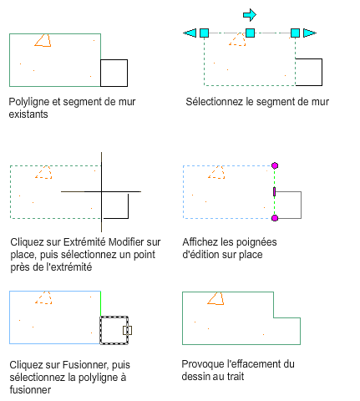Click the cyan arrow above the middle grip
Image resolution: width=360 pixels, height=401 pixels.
tap(250, 15)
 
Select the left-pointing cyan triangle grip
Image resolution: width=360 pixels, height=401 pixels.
tap(190, 33)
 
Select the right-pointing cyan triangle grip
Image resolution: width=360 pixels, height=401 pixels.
tap(310, 33)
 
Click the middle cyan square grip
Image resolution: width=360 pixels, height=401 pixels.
tap(250, 33)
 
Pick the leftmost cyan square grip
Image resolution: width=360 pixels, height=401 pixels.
tap(205, 33)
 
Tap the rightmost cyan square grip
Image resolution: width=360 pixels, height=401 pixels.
tap(295, 33)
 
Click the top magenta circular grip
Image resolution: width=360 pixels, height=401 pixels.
tap(275, 165)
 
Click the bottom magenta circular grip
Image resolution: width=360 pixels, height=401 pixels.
tap(275, 218)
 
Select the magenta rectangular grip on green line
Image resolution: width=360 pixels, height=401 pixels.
tap(274, 191)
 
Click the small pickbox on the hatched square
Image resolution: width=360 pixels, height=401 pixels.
tap(127, 330)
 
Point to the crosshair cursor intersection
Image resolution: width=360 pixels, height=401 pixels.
tap(101, 191)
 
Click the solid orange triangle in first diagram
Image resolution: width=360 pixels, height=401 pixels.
tap(43, 40)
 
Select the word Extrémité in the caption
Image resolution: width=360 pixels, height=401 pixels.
tap(84, 241)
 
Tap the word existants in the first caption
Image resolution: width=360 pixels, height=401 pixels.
tap(28, 114)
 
